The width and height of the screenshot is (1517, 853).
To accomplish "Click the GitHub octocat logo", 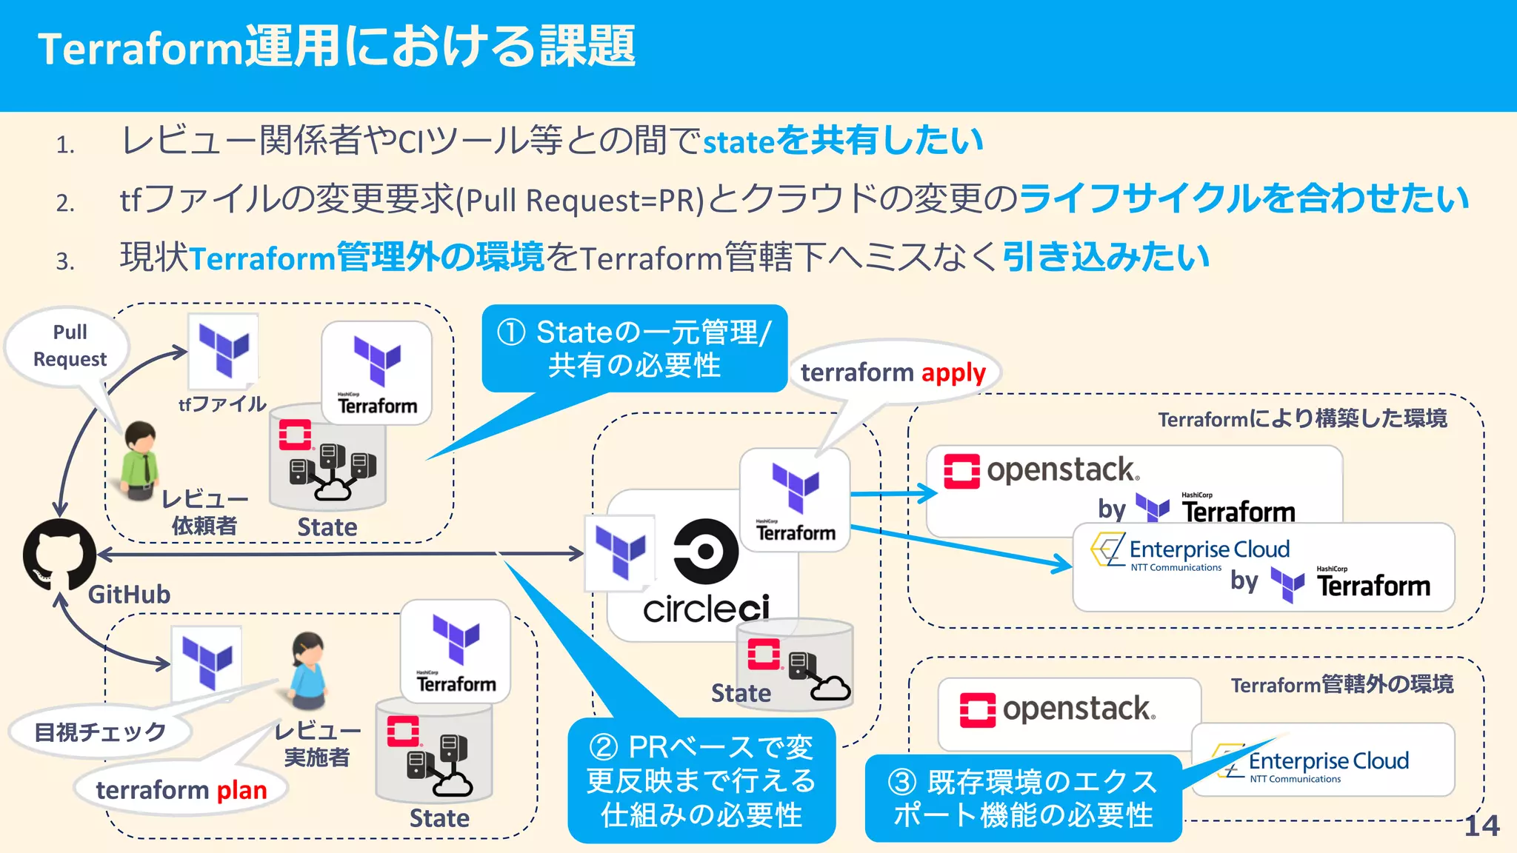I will (59, 554).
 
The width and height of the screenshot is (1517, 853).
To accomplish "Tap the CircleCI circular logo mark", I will (705, 552).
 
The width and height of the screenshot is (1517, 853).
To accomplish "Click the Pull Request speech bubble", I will (70, 346).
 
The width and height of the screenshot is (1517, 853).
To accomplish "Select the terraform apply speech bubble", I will (893, 372).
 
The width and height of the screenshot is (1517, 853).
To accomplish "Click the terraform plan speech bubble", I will (181, 790).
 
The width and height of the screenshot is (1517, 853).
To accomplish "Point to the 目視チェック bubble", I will (100, 732).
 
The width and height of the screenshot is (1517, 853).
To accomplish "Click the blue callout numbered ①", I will (634, 349).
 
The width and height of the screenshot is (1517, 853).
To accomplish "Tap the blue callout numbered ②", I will (701, 780).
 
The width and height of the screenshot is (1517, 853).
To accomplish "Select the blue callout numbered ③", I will (1022, 798).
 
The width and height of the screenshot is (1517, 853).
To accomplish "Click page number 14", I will (1481, 826).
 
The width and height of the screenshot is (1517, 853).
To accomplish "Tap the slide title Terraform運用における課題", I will (336, 47).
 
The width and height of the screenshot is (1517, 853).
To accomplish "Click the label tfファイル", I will (222, 404).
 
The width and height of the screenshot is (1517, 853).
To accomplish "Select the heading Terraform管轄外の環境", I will (1341, 684).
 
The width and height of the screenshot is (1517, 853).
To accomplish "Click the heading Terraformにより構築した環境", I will (1302, 419).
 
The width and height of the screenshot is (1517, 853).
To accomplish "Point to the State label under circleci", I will (741, 693).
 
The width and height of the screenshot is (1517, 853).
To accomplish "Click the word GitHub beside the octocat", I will (129, 595).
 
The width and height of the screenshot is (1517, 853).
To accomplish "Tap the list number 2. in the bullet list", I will (65, 202).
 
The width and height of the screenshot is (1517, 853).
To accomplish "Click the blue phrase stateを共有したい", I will (842, 141).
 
